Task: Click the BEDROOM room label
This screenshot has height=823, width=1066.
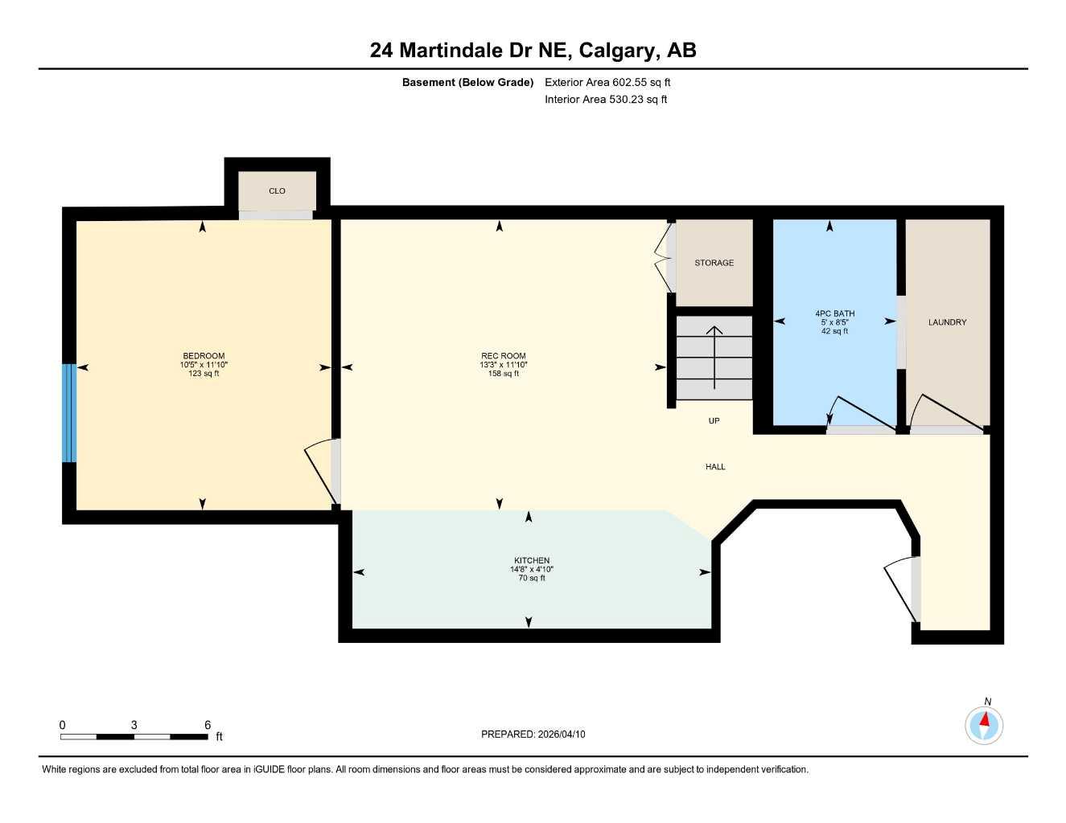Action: click(x=204, y=356)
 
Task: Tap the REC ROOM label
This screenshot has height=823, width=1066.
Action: click(x=504, y=356)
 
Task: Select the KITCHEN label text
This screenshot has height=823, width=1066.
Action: click(x=532, y=561)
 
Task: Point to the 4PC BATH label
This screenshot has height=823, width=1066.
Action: click(x=834, y=314)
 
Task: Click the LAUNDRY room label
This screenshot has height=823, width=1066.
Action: click(x=947, y=322)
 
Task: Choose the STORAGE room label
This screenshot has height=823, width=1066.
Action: click(x=714, y=263)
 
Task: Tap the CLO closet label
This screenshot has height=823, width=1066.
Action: click(x=277, y=191)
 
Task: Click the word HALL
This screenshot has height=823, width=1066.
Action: click(x=715, y=467)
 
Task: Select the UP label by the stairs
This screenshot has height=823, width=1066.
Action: click(x=714, y=421)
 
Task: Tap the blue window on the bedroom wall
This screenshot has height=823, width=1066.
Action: click(x=69, y=413)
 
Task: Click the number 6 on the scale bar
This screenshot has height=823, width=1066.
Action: click(x=208, y=725)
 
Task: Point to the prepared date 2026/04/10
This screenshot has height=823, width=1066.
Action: click(x=562, y=735)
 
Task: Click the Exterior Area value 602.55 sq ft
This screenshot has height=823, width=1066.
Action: click(x=641, y=82)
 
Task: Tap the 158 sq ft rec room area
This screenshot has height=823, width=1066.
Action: click(x=504, y=374)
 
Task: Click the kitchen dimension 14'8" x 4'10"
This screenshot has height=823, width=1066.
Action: click(x=532, y=570)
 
